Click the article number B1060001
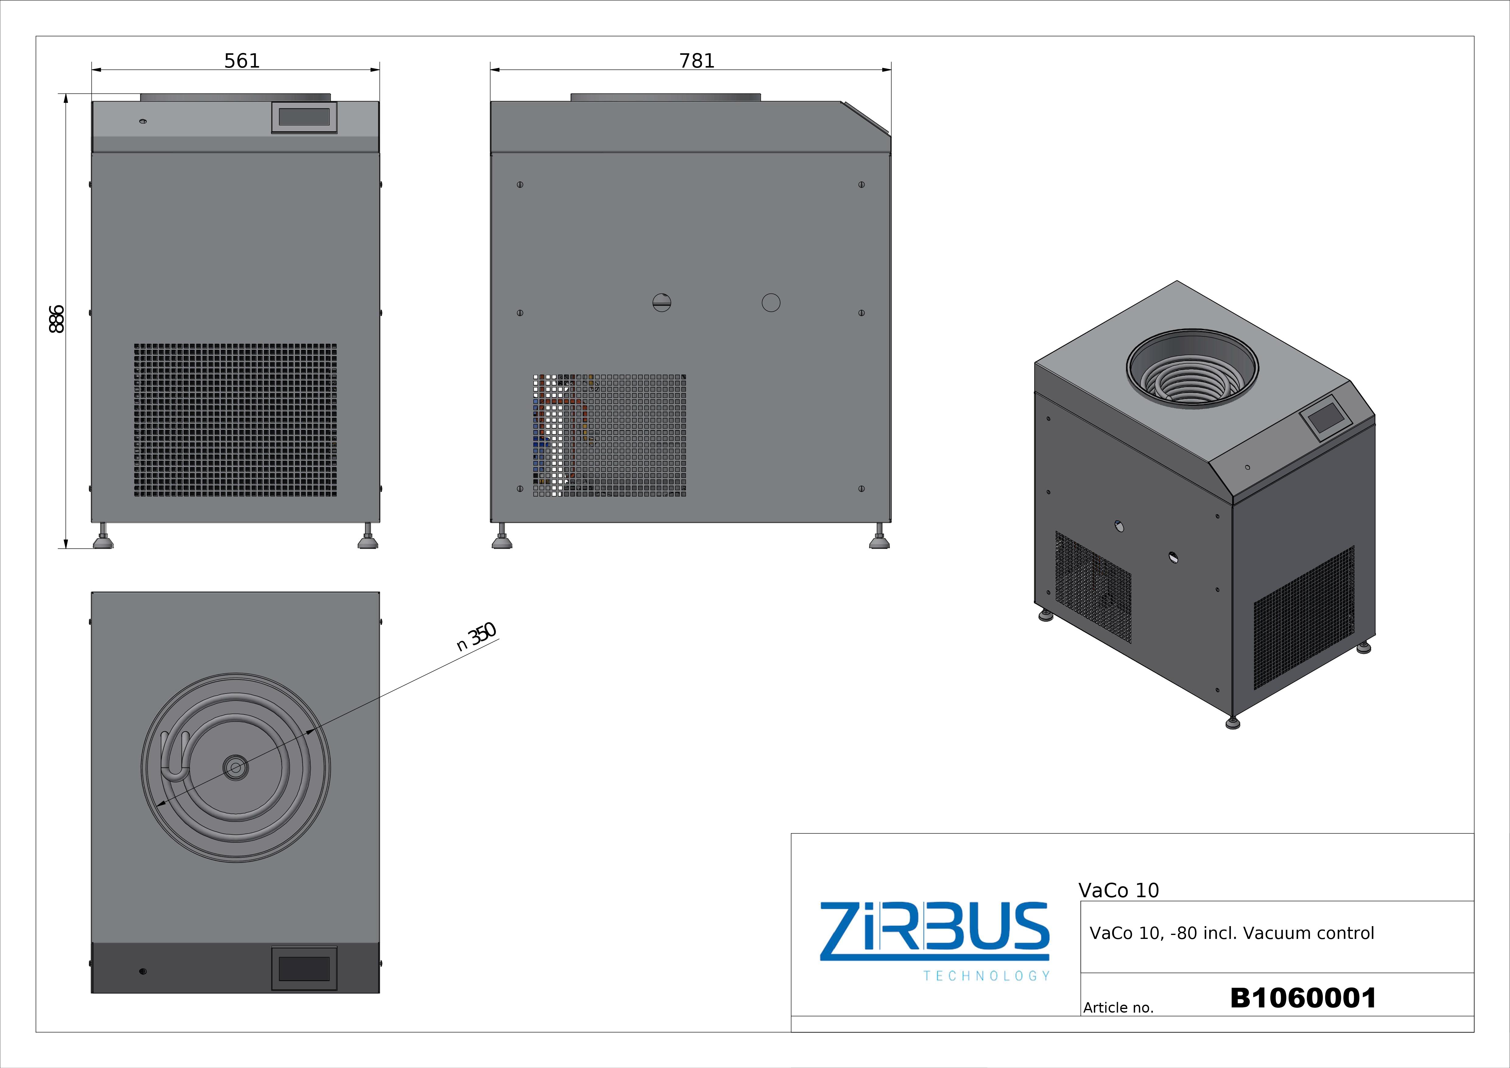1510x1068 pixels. coord(1303,998)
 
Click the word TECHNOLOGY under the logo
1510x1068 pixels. coord(986,976)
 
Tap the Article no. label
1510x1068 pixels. coord(1118,1007)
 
